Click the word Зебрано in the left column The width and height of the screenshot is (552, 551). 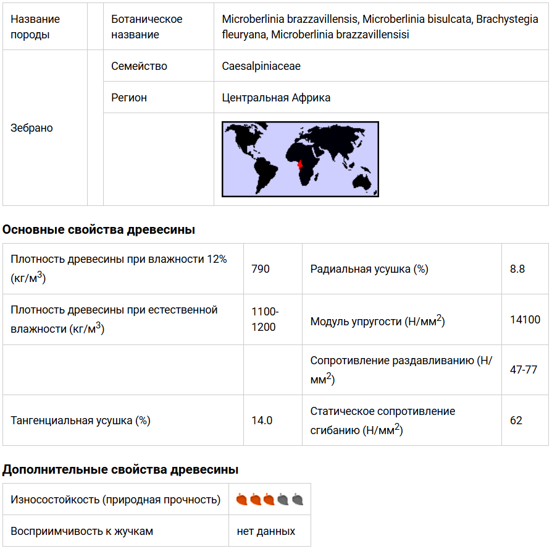click(31, 128)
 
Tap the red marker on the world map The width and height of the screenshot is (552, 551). click(299, 165)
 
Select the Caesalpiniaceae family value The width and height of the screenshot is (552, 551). click(261, 66)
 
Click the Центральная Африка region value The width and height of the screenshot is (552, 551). click(276, 98)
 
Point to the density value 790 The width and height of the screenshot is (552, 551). click(261, 269)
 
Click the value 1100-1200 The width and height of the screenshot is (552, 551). click(264, 319)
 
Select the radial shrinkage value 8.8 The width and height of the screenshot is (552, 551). click(517, 269)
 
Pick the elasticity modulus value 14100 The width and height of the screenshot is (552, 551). click(525, 320)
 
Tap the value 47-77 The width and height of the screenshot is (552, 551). click(524, 370)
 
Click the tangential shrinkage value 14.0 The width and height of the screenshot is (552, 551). click(262, 421)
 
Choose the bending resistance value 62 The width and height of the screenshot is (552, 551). click(516, 421)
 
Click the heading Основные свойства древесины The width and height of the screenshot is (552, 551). click(99, 230)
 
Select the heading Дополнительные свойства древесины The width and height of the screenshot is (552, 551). click(120, 470)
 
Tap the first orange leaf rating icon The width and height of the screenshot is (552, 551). click(242, 499)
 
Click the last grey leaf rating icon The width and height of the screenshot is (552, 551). click(298, 499)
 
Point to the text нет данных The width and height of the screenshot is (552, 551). click(266, 531)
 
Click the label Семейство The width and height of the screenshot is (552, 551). click(139, 66)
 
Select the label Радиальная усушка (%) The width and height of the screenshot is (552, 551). click(369, 269)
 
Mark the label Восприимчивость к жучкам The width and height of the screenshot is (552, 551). click(82, 531)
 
